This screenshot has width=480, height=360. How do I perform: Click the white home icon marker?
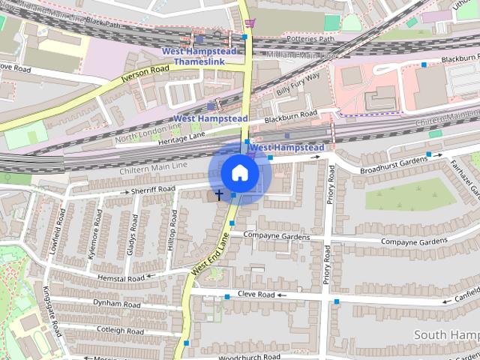pyautogui.click(x=238, y=173)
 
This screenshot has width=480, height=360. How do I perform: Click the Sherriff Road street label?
pyautogui.click(x=152, y=190)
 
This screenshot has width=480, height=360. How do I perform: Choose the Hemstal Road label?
pyautogui.click(x=120, y=277)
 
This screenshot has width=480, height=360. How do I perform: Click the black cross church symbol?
pyautogui.click(x=219, y=195)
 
